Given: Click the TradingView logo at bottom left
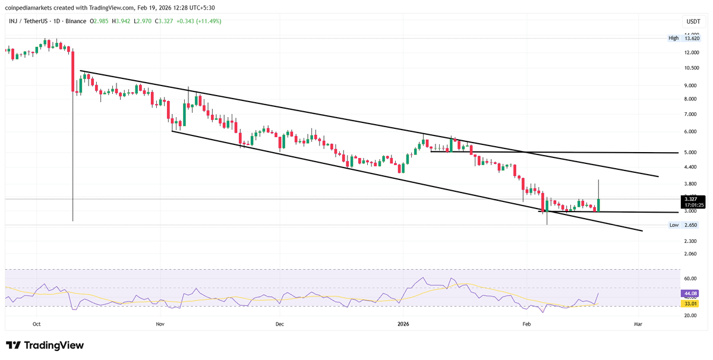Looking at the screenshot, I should coord(45,345).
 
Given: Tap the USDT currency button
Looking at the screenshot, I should coord(693,21).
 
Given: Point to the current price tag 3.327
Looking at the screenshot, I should coord(693,199).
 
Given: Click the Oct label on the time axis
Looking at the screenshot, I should coord(36,324).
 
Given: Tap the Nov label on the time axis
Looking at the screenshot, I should coord(159,324).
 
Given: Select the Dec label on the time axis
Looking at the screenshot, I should coord(280,324).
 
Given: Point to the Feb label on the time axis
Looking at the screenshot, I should coord(526,324).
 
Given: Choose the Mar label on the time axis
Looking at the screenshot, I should coord(638,324).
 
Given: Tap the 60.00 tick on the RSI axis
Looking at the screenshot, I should coord(690,278).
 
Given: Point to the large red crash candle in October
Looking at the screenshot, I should coord(73,71).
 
